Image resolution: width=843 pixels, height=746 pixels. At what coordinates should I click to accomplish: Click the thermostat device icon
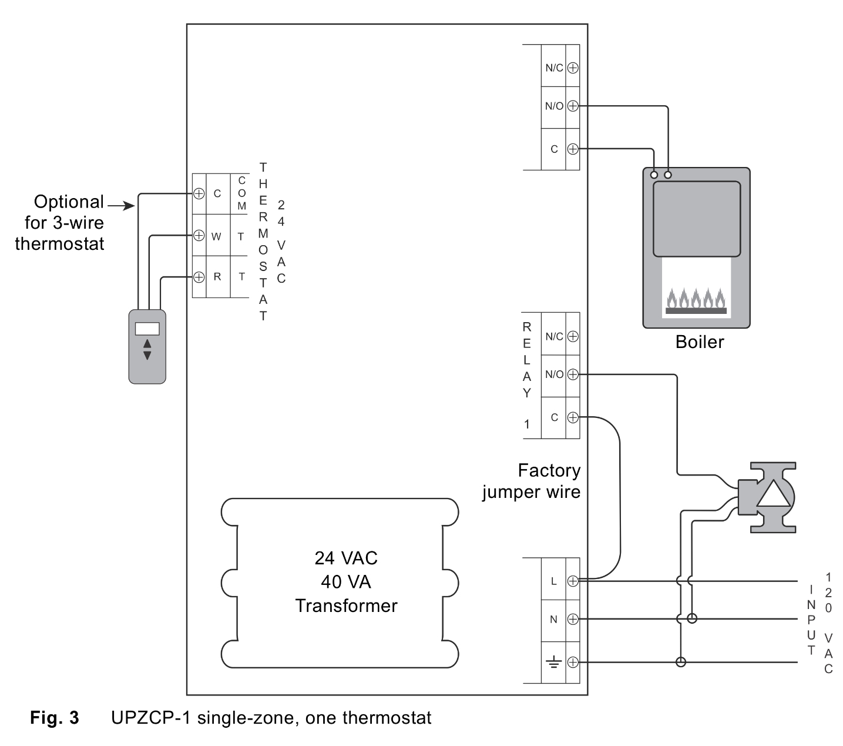click(x=147, y=347)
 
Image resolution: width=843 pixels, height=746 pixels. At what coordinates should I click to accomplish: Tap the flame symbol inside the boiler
click(x=696, y=300)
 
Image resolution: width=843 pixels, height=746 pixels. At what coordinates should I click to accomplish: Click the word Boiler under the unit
click(x=699, y=342)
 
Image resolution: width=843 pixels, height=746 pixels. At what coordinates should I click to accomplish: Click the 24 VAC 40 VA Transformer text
click(x=346, y=582)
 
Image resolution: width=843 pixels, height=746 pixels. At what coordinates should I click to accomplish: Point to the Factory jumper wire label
click(x=532, y=481)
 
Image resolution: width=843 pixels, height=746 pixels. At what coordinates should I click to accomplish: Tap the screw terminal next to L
click(x=573, y=581)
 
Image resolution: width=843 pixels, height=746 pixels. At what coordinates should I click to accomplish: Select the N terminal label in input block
click(x=553, y=619)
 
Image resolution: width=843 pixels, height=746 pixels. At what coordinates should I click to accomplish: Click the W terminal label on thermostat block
click(x=216, y=236)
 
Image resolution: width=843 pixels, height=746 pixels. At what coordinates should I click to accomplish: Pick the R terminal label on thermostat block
click(x=217, y=276)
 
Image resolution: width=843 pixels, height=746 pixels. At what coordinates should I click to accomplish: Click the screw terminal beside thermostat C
click(x=199, y=193)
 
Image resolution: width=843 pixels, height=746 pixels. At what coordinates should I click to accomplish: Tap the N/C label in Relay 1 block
click(x=553, y=336)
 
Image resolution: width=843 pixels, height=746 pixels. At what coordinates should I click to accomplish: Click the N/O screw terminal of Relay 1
click(x=573, y=374)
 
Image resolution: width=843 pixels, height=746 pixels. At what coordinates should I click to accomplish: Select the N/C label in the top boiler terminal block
click(x=553, y=68)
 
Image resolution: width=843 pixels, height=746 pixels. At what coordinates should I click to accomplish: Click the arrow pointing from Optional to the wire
click(x=122, y=206)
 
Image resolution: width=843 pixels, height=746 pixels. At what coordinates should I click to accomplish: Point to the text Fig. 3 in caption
click(x=54, y=718)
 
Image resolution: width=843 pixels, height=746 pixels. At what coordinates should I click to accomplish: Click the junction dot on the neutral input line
click(x=691, y=618)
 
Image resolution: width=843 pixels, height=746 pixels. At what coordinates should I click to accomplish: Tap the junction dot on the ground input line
click(x=680, y=663)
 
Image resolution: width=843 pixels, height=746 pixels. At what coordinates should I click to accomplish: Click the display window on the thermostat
click(x=147, y=329)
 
